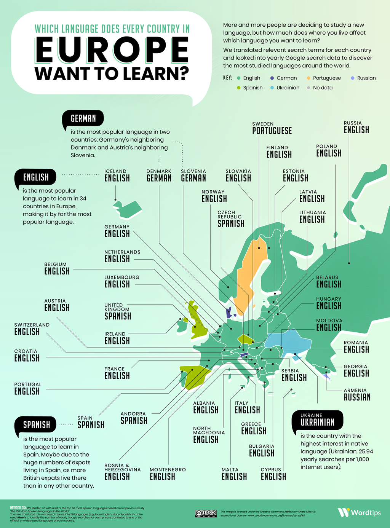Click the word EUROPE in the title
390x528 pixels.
(112, 50)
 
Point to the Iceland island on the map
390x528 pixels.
(128, 209)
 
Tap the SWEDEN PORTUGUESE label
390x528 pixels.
(272, 129)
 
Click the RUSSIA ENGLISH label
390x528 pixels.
(356, 128)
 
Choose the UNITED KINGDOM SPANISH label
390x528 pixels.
(118, 312)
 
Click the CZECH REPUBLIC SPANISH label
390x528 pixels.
(231, 219)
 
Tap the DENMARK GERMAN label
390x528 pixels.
(159, 176)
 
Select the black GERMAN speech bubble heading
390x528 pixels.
(83, 119)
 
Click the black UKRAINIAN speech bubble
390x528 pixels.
(317, 420)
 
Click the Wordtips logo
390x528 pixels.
(359, 512)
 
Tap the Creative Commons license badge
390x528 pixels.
(206, 514)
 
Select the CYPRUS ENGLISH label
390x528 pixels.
(273, 474)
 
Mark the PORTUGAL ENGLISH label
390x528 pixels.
(27, 389)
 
